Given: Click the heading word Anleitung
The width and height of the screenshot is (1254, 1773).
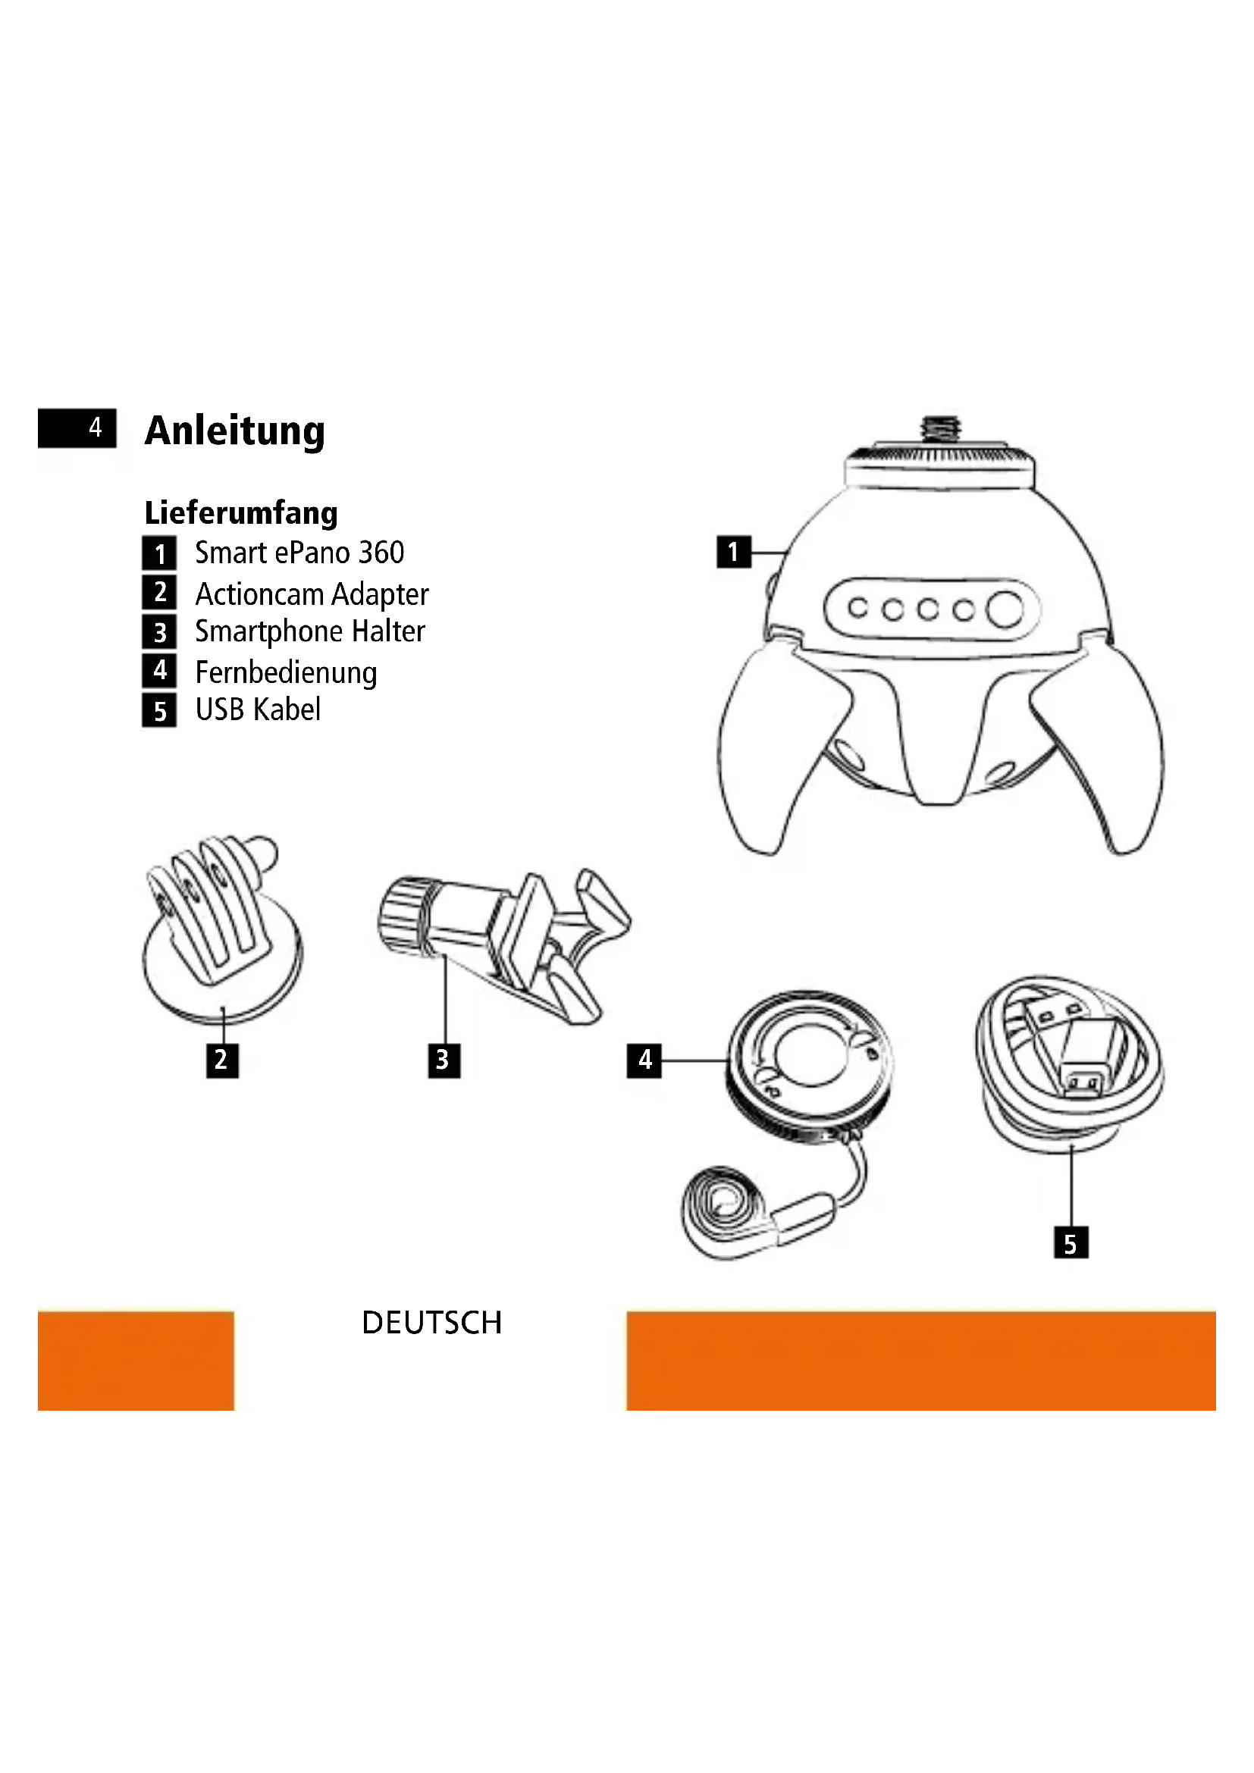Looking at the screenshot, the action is click(x=234, y=430).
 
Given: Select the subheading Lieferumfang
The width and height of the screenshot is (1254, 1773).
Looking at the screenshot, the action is click(x=241, y=512).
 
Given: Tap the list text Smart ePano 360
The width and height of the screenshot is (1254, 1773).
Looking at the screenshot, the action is click(x=299, y=553).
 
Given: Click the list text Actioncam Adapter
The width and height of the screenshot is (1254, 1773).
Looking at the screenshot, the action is click(x=311, y=594).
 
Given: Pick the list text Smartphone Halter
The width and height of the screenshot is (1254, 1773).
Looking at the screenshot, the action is click(x=309, y=631).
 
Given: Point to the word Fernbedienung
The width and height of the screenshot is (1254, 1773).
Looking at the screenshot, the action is click(x=286, y=672).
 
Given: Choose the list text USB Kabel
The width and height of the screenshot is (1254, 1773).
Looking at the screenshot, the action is click(x=257, y=710).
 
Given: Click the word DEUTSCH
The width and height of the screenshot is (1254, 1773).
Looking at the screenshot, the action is click(x=431, y=1323).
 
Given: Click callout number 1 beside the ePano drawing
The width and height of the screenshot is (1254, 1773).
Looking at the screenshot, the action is click(x=733, y=552).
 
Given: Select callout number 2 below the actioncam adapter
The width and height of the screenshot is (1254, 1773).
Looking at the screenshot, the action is click(x=221, y=1060).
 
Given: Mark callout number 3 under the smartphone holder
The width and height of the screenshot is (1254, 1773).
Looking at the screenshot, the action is click(x=444, y=1060).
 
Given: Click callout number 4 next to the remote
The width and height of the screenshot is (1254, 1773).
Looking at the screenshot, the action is click(x=644, y=1060).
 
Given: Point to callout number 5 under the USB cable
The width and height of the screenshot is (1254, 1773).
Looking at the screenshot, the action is click(x=1071, y=1244).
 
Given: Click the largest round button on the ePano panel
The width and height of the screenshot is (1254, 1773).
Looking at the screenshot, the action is click(x=1005, y=609).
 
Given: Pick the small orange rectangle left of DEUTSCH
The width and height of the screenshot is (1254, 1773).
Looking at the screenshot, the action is click(x=135, y=1361).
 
